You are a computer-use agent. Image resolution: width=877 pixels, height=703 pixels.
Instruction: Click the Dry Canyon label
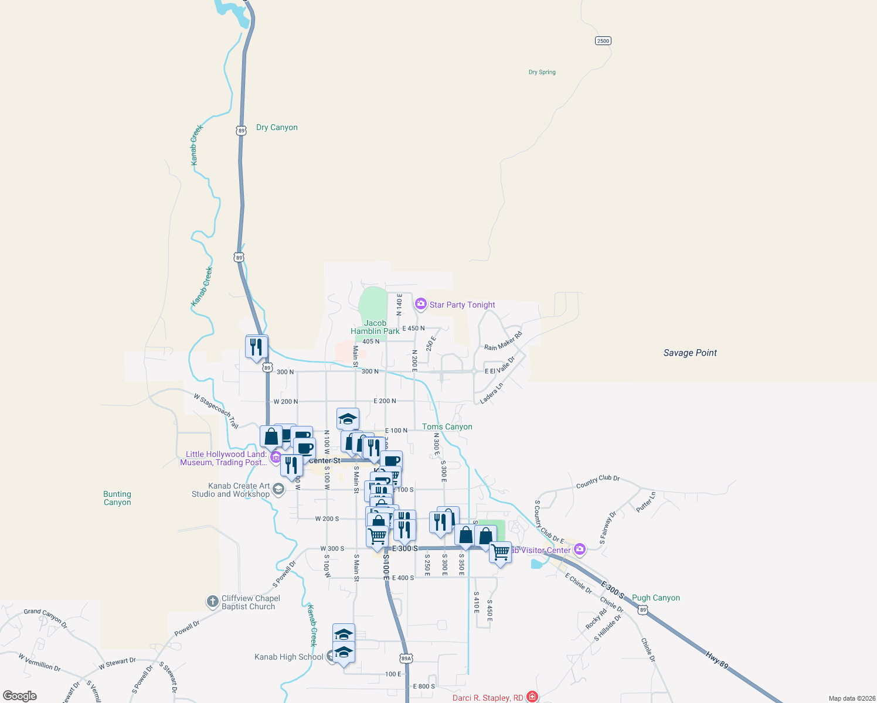coord(277,128)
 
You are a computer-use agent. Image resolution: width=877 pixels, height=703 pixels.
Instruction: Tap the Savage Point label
coord(690,353)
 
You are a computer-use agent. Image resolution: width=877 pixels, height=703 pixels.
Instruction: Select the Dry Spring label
coord(542,73)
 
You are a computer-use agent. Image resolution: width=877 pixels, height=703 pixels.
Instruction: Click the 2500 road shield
coord(603,40)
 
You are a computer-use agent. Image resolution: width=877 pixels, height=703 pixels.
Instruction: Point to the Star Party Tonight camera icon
coord(420,303)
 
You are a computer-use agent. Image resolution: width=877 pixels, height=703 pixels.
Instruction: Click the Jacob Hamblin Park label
coord(375,327)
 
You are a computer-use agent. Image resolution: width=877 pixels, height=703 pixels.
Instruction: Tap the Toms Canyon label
coord(447,427)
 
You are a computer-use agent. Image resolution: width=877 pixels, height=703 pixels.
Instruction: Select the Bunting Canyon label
coord(117,499)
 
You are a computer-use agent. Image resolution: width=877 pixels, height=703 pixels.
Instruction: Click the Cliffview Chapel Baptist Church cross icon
coord(212,602)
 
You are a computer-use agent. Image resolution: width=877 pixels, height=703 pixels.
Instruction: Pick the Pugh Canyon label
coord(655,598)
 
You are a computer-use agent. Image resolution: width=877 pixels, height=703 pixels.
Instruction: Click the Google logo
coord(20,696)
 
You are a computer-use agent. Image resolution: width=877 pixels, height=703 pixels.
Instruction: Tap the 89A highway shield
coord(406,658)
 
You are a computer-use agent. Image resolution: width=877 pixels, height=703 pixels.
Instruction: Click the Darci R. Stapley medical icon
coord(532,697)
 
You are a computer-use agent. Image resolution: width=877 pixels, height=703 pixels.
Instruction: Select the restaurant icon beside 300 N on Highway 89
coord(256,347)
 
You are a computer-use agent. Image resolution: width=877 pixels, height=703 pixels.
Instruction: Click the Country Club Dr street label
coord(597,482)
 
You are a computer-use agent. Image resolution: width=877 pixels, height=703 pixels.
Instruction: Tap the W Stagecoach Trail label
coord(216,410)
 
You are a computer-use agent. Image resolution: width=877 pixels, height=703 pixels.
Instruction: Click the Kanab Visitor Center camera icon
coord(580,550)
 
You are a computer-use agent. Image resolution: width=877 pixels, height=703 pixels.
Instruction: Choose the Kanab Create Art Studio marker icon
coord(278,489)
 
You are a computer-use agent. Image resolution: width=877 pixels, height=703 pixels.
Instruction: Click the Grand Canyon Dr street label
coord(46,618)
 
